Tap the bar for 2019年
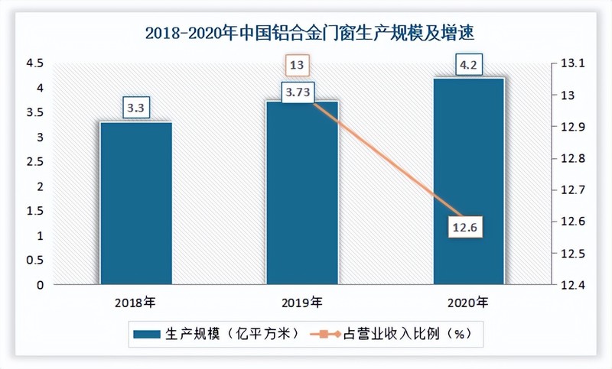[301, 195]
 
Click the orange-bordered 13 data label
[297, 66]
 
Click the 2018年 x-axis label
[136, 303]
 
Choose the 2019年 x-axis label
[302, 303]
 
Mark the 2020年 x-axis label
[468, 303]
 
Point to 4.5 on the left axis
[36, 63]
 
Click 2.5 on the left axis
[36, 162]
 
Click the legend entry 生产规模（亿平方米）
[210, 334]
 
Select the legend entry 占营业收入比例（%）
[398, 334]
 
